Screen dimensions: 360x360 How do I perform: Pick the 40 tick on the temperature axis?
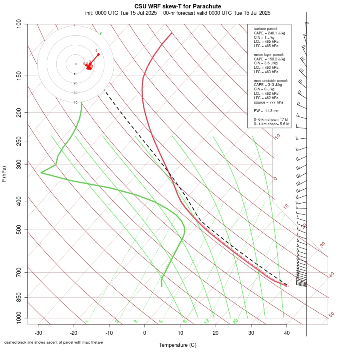286,333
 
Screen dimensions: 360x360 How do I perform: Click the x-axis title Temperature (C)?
178,345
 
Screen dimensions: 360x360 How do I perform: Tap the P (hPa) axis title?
4,174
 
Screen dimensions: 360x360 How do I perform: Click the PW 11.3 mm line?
266,110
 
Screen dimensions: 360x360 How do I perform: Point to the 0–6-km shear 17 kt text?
271,120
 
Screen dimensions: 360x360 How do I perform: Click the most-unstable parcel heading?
271,81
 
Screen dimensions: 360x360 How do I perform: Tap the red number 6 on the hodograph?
96,50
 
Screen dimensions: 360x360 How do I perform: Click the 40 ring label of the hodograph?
75,102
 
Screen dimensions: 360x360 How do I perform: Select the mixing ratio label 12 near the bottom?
207,321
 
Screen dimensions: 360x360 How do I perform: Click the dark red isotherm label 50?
331,314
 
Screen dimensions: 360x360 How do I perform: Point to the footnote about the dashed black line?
54,342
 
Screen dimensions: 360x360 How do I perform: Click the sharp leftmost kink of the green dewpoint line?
41,173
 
